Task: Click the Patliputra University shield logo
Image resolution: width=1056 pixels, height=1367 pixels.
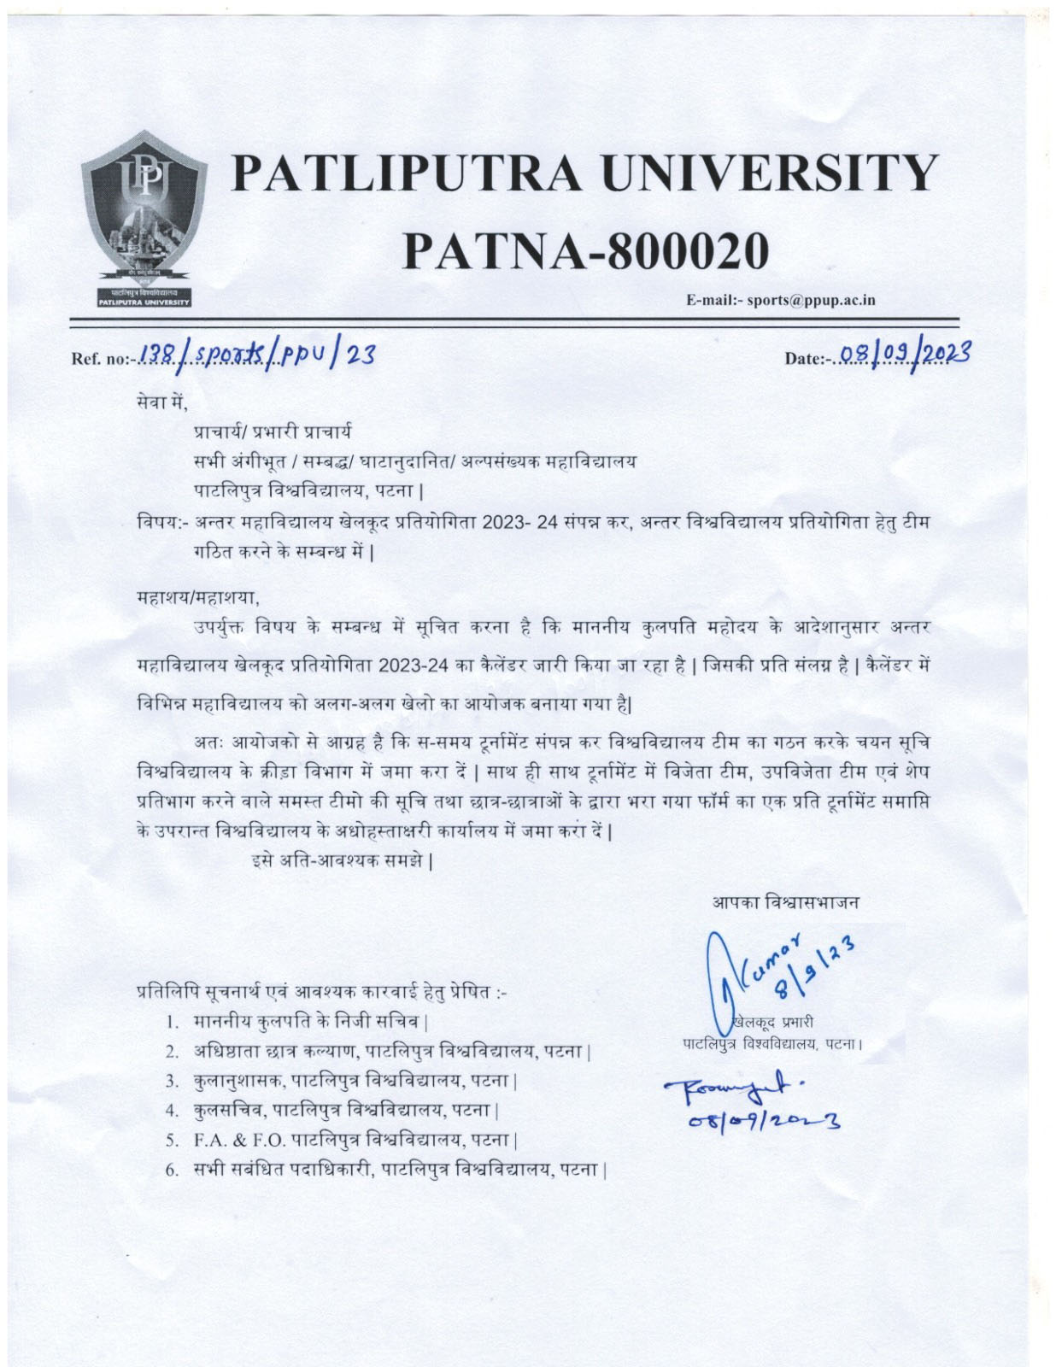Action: pos(143,218)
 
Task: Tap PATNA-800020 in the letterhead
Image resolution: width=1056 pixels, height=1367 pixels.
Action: pos(585,250)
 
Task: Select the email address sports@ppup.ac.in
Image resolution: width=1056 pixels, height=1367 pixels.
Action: pos(811,300)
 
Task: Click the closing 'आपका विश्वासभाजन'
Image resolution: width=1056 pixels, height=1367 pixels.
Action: pos(786,901)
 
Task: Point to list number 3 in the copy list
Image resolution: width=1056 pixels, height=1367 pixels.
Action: pos(172,1081)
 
